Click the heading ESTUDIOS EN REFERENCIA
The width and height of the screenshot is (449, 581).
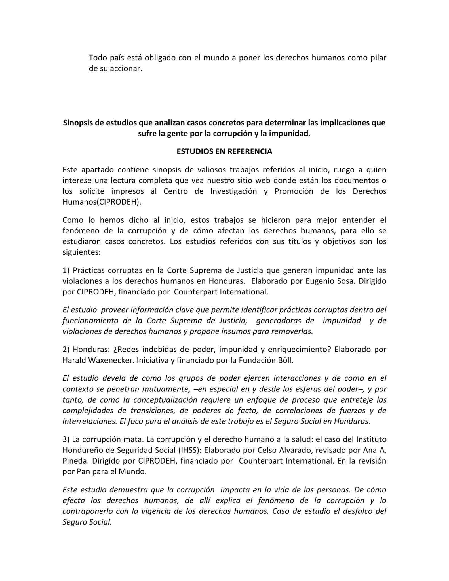pos(224,151)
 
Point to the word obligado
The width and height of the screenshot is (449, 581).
pos(160,58)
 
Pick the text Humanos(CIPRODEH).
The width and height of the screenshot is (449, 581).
pos(102,202)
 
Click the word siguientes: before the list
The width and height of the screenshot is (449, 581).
pos(81,252)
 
